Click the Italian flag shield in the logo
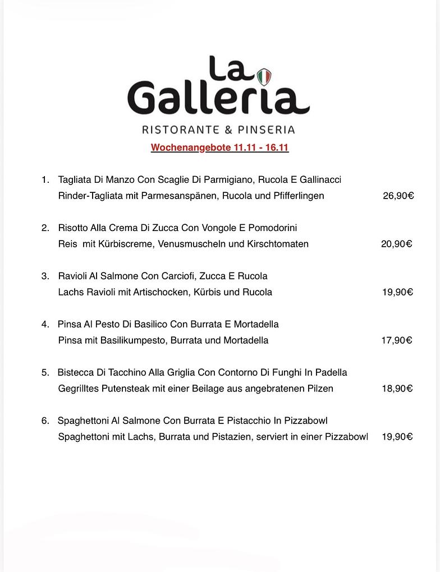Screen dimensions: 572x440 [x=264, y=77]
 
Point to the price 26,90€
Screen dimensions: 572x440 [x=398, y=196]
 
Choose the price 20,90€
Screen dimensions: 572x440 [x=397, y=244]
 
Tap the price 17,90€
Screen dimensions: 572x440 [x=397, y=340]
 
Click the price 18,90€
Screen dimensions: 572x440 [x=397, y=389]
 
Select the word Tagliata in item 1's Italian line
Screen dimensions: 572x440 [x=75, y=180]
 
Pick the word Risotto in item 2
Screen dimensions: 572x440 [x=73, y=228]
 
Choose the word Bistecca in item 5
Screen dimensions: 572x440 [x=76, y=373]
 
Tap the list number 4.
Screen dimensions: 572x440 [x=45, y=325]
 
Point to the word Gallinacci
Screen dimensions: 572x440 [x=320, y=180]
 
